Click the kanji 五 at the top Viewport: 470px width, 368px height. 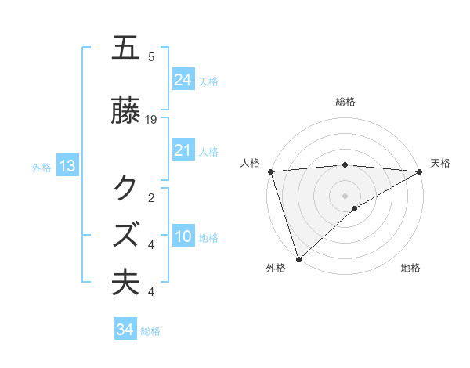tap(126, 48)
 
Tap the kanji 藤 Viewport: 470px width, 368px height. tap(126, 112)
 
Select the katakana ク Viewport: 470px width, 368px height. tap(126, 188)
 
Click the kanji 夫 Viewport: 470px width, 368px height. tap(126, 282)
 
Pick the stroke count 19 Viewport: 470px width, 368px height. tap(151, 120)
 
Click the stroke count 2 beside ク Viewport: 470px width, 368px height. tap(151, 197)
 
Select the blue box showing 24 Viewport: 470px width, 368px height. tap(183, 79)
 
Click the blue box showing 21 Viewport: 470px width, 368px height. tap(183, 150)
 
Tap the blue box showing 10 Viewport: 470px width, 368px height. tap(183, 236)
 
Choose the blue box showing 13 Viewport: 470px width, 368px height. tap(67, 165)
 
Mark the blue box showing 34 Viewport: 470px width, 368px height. tap(125, 330)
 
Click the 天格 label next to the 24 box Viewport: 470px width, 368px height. tap(208, 81)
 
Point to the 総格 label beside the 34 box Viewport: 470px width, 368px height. tap(150, 331)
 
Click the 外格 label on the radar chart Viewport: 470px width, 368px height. tap(276, 269)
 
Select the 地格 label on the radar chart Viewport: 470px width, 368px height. tap(410, 269)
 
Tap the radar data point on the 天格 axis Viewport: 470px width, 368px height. tap(420, 171)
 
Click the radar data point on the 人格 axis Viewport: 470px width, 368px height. tap(270, 171)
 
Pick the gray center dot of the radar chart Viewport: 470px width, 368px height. tap(345, 195)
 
